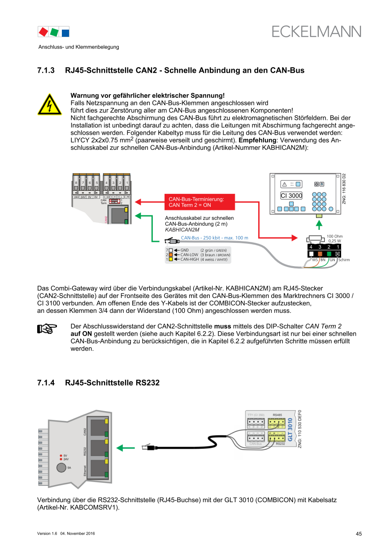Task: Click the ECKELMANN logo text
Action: [x=316, y=32]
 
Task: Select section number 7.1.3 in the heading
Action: [x=46, y=70]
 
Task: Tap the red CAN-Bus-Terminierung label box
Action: [x=199, y=202]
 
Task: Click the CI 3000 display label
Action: [x=291, y=196]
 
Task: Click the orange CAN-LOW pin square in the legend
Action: [x=171, y=254]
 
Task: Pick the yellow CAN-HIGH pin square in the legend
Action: [x=171, y=259]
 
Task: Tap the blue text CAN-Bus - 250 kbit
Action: [x=214, y=238]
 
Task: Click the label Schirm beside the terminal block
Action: [x=344, y=260]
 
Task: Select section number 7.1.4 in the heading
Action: [x=46, y=383]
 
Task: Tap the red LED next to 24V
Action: [x=61, y=460]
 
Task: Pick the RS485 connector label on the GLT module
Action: [x=277, y=415]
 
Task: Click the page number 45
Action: [x=359, y=534]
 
